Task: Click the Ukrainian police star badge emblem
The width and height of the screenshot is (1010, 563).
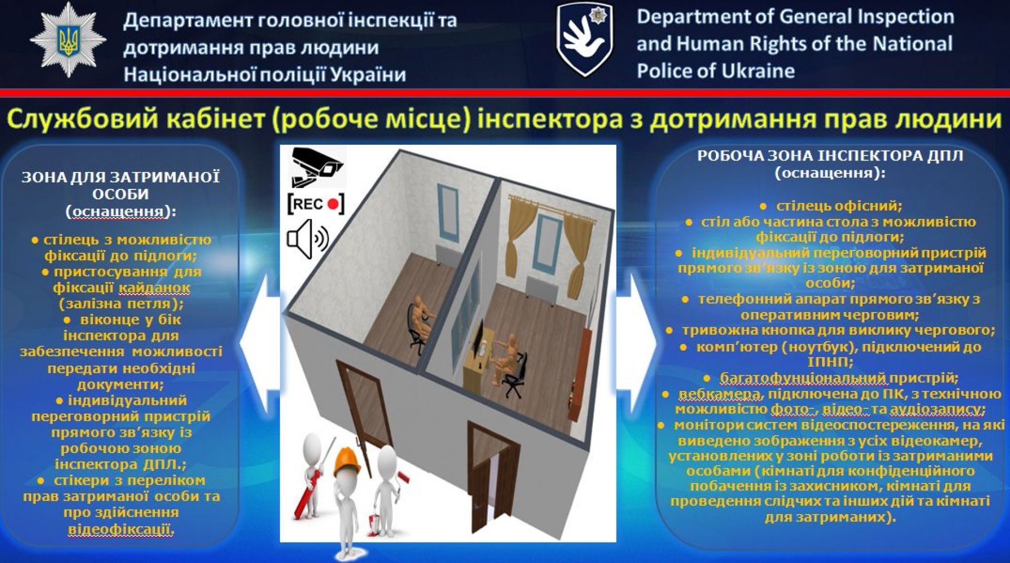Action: click(x=68, y=41)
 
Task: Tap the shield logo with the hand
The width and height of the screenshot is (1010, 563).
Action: click(x=585, y=39)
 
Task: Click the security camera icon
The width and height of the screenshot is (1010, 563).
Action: click(x=317, y=167)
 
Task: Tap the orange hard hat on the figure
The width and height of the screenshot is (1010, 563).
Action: click(x=348, y=461)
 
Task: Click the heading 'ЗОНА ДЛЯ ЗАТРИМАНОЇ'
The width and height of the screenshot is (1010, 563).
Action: click(x=120, y=177)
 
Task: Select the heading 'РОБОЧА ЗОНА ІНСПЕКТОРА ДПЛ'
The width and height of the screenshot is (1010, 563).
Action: click(x=830, y=156)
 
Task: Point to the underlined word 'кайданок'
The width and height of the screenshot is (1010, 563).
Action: click(x=154, y=288)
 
